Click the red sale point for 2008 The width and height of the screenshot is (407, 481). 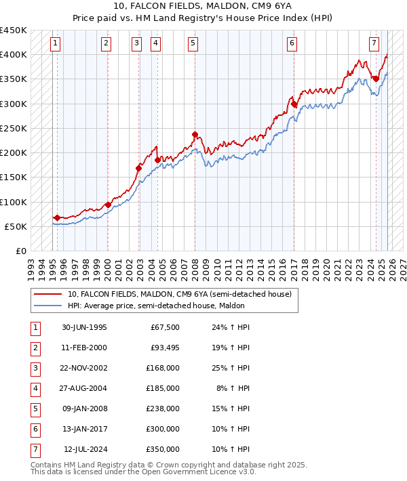[195, 134]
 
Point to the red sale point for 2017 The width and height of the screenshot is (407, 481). [294, 104]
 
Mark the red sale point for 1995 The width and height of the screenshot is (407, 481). [57, 217]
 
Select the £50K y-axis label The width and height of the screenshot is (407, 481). [16, 226]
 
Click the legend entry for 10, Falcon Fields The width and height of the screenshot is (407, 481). [179, 294]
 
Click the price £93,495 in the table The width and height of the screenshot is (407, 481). [164, 348]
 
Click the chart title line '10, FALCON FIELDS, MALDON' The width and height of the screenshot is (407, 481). [204, 5]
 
